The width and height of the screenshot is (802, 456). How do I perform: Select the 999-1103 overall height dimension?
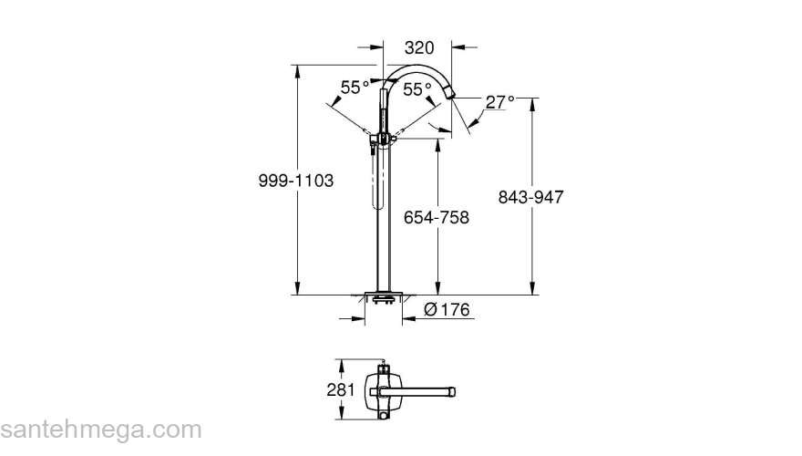(294, 181)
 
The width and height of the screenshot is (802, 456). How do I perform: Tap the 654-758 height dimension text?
(437, 217)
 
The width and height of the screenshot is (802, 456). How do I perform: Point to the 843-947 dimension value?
(532, 196)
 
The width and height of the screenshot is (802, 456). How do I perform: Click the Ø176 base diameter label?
(447, 310)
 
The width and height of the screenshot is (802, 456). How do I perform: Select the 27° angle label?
(499, 102)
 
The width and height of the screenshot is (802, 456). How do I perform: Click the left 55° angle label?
(355, 88)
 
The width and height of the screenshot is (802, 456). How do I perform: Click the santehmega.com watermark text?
(100, 430)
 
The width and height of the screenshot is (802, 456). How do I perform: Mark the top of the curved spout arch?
(415, 67)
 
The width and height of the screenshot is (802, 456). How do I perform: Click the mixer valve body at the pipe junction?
(383, 139)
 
